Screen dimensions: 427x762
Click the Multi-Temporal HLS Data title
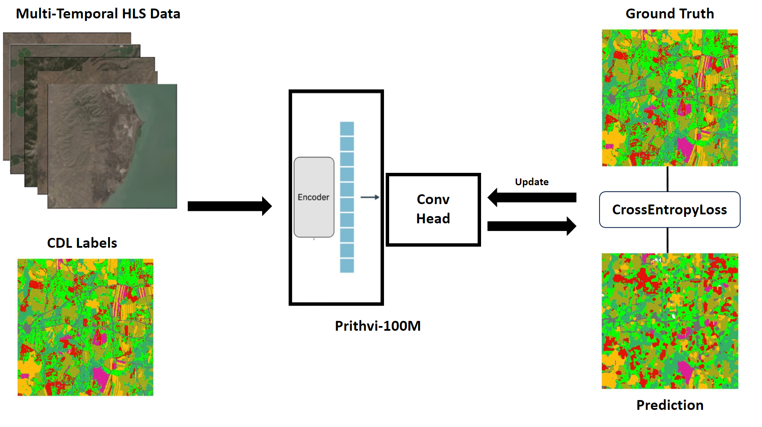(98, 14)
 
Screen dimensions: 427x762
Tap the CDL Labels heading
(82, 243)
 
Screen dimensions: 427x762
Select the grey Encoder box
(314, 197)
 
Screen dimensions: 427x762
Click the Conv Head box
(433, 209)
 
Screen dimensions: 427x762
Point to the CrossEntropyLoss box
(669, 210)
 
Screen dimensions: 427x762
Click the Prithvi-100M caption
(378, 326)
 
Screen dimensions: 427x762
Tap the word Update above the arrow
(532, 182)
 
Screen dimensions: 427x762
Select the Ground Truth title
(670, 14)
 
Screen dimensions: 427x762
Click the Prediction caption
(670, 405)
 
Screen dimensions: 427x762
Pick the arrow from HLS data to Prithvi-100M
(229, 206)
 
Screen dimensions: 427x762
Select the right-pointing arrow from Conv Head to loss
(532, 226)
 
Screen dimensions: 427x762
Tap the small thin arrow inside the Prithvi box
(370, 197)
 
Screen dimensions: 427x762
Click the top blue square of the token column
(347, 129)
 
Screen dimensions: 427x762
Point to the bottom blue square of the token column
(347, 266)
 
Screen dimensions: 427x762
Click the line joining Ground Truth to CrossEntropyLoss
(667, 179)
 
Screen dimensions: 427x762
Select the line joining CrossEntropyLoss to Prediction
(667, 240)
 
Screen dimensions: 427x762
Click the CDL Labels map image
(86, 327)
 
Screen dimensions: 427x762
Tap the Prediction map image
(670, 321)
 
